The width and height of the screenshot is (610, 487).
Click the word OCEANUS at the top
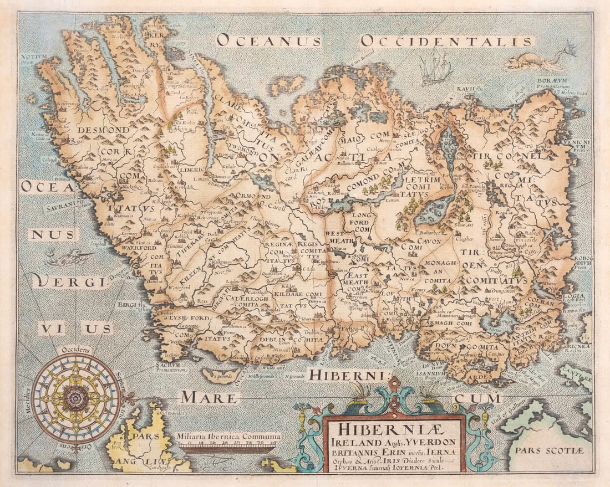[268, 40]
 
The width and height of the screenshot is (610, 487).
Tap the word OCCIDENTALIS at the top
[447, 41]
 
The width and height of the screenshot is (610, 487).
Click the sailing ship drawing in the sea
[436, 68]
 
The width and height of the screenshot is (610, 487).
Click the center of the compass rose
[76, 396]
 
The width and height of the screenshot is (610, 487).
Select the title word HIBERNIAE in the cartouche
[393, 430]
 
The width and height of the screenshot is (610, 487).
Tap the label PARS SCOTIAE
[549, 450]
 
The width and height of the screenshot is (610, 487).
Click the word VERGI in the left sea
[69, 281]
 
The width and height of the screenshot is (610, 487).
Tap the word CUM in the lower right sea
[476, 397]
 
